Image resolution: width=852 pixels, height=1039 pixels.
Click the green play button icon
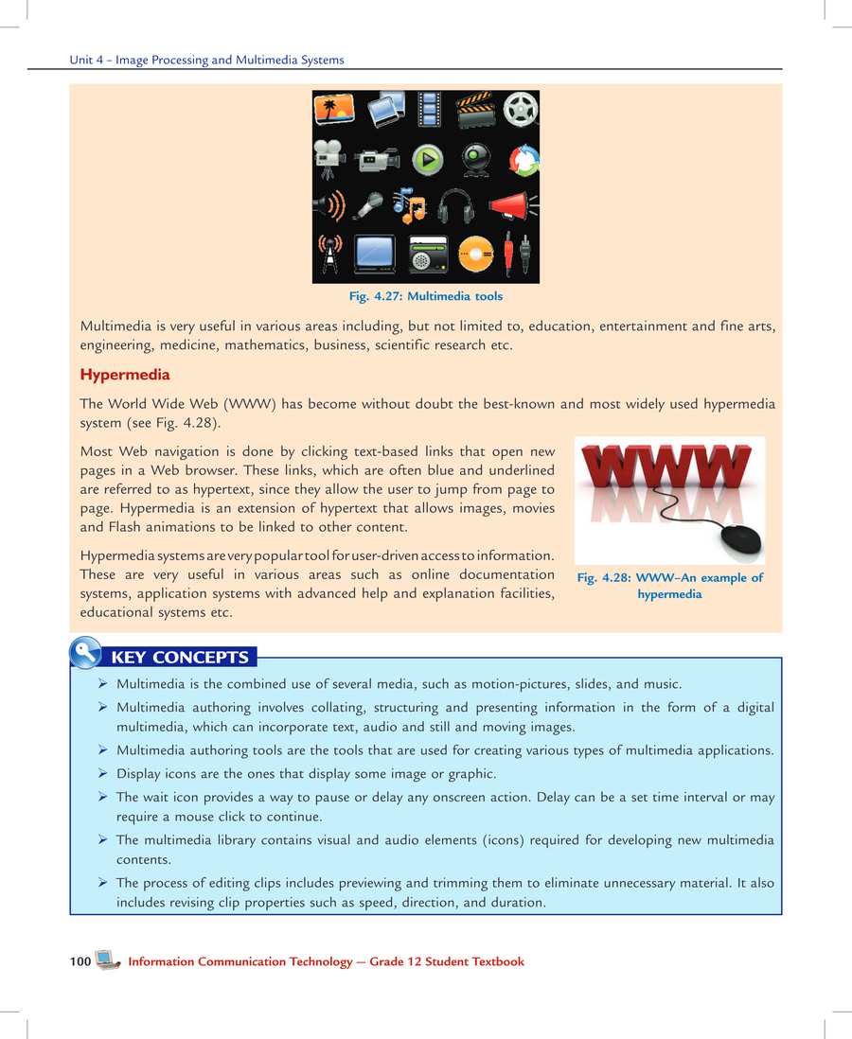(x=428, y=159)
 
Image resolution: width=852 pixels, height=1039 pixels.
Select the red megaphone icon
(x=511, y=205)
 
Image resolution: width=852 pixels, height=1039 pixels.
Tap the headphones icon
(x=456, y=205)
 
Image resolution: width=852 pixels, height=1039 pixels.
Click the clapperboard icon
(x=475, y=111)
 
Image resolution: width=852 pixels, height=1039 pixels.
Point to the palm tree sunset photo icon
(x=333, y=110)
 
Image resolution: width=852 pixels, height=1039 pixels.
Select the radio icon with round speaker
(x=427, y=255)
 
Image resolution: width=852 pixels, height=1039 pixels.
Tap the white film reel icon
(x=519, y=110)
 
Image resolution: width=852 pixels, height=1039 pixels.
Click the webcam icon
(x=475, y=159)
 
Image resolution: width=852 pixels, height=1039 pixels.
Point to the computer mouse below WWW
(x=739, y=541)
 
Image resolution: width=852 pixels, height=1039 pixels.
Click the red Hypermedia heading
(x=125, y=375)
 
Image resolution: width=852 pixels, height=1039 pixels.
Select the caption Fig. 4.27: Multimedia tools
(x=426, y=296)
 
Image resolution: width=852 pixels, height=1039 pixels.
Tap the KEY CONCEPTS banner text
(x=180, y=658)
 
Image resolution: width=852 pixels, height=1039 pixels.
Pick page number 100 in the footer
(x=80, y=961)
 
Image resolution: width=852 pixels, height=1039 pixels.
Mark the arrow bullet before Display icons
(x=101, y=773)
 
